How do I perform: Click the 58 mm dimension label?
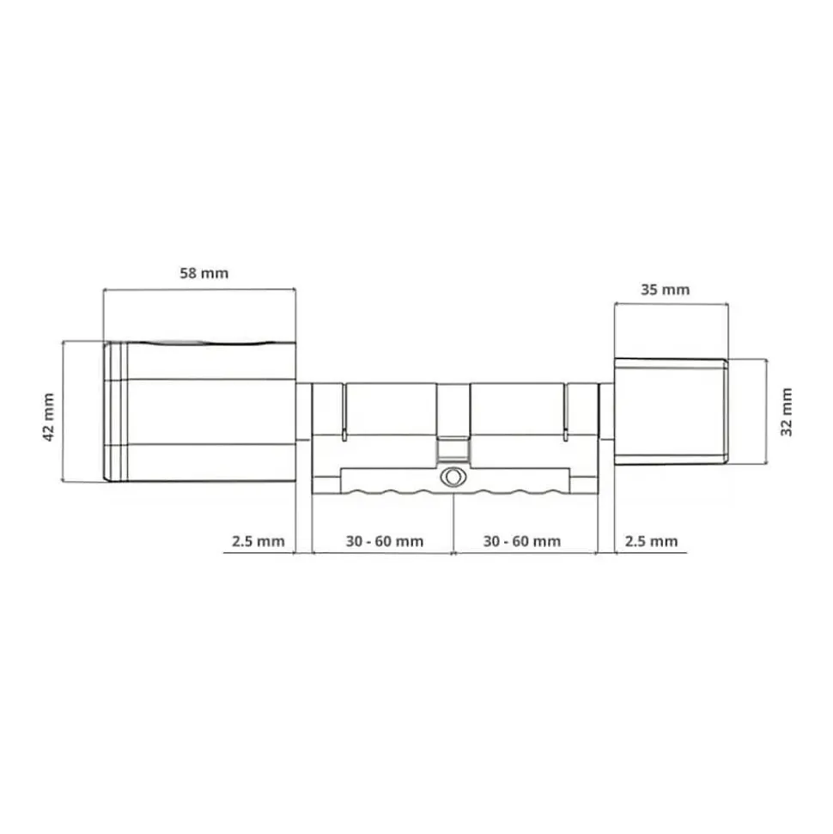point(204,273)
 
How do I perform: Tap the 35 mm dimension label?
point(665,289)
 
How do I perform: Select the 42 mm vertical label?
point(48,417)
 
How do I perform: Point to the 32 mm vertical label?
point(786,411)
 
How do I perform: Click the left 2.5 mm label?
point(258,541)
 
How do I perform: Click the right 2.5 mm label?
point(651,541)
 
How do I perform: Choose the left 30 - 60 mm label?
point(385,541)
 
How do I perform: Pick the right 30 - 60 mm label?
point(522,541)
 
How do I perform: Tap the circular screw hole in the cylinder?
point(453,477)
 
